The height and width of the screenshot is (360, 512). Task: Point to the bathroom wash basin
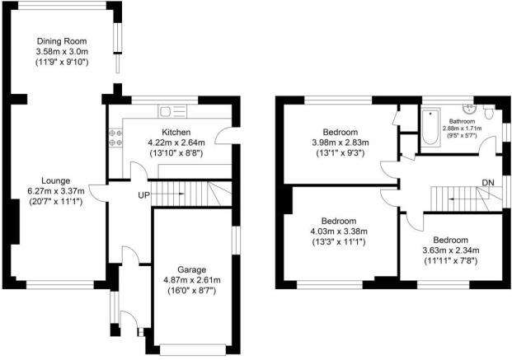point(470,107)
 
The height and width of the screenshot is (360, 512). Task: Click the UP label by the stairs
point(142,195)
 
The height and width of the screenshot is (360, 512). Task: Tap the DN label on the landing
point(488,184)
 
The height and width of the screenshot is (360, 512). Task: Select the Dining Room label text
point(62,40)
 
